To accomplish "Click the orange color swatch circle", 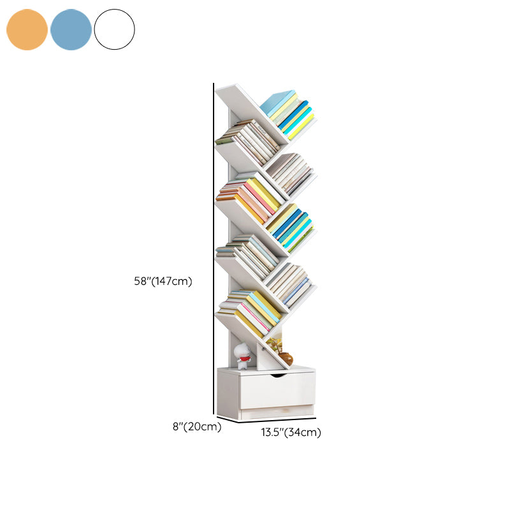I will pyautogui.click(x=27, y=29).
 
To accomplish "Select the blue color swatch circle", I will pyautogui.click(x=71, y=29).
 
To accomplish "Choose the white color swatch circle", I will pyautogui.click(x=115, y=29).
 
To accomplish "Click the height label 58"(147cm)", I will pyautogui.click(x=163, y=281).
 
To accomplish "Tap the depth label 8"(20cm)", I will pyautogui.click(x=197, y=427).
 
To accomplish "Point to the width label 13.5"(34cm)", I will pyautogui.click(x=291, y=433).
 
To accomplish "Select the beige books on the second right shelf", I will pyautogui.click(x=290, y=172).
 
